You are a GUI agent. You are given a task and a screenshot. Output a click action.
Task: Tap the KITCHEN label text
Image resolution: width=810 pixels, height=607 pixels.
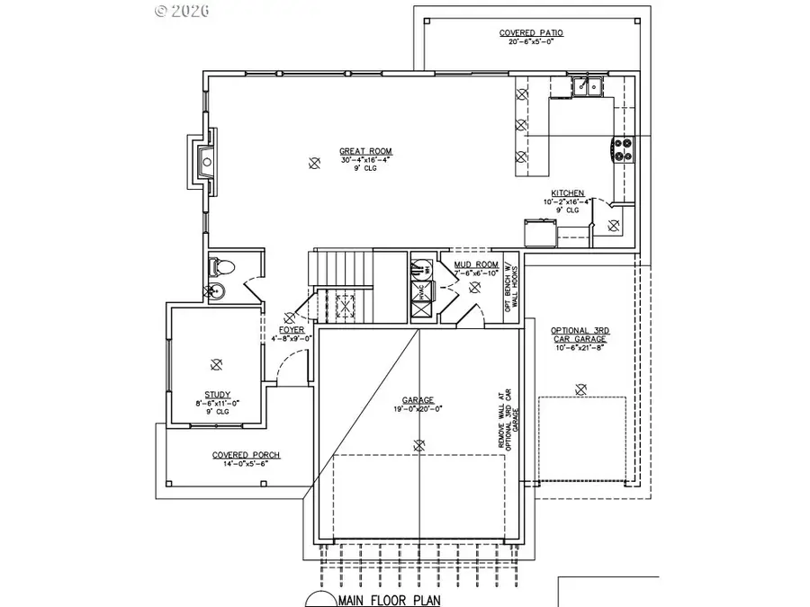pos(568,193)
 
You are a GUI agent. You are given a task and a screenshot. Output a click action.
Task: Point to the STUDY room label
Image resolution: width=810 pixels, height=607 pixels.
pos(217,394)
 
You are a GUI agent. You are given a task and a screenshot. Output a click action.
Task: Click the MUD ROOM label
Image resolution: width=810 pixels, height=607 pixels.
pos(470,264)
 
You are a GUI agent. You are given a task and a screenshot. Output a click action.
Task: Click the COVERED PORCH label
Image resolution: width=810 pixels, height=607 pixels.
pos(246,455)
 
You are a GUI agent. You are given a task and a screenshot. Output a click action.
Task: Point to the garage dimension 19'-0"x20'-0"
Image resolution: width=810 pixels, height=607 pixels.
pos(418,408)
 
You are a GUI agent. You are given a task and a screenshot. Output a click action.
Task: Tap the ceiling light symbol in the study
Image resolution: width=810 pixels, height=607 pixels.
pos(215,364)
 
